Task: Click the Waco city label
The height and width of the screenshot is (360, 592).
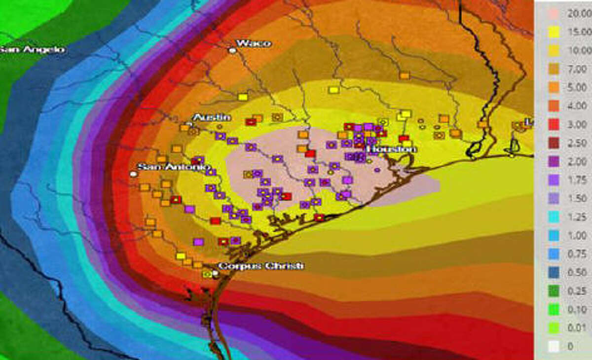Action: [254, 43]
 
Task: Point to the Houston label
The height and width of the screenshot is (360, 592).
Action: [392, 149]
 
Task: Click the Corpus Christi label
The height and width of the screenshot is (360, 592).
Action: [261, 266]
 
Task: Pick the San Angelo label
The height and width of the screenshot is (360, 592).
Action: [32, 49]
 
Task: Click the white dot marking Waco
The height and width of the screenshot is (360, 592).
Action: [231, 50]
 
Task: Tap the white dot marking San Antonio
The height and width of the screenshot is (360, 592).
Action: [133, 174]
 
